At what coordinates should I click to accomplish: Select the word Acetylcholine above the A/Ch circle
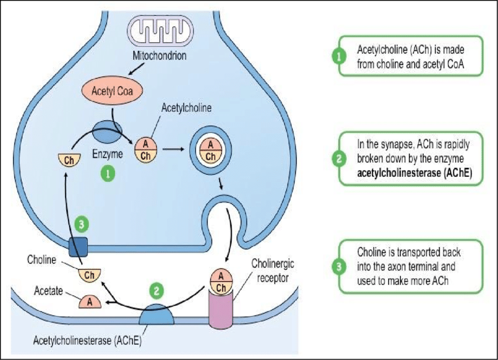point(186,108)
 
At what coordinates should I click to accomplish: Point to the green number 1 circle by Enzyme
point(107,173)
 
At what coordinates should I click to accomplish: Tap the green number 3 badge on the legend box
point(339,268)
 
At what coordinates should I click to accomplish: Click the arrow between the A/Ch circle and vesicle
point(172,150)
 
